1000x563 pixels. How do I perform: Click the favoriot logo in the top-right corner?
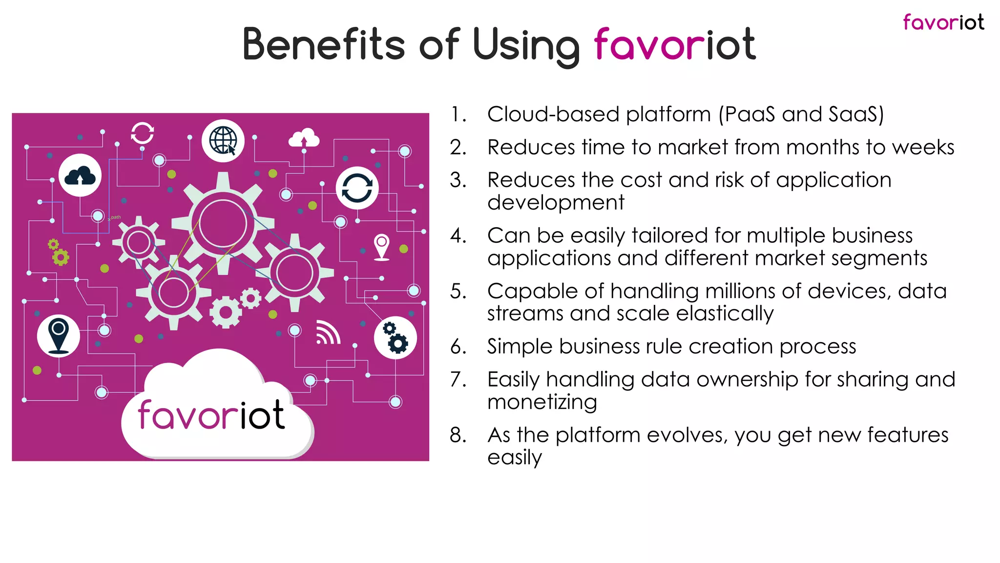tap(943, 22)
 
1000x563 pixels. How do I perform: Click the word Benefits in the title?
tap(323, 44)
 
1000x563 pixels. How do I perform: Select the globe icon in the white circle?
tap(223, 140)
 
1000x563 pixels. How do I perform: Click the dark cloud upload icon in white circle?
tap(80, 175)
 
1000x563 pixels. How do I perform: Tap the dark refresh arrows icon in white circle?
tap(357, 188)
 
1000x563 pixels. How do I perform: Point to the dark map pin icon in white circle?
tap(59, 336)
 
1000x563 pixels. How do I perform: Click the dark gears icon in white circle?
tap(395, 338)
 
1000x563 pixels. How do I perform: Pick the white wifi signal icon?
tap(328, 333)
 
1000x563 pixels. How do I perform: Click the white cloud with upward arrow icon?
tap(304, 139)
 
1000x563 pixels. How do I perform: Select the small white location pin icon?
tap(382, 247)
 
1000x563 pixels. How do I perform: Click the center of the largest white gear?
tap(223, 224)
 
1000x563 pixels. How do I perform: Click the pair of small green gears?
tap(59, 252)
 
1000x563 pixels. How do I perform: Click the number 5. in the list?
tap(458, 291)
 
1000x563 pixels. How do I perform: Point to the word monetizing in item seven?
tap(542, 402)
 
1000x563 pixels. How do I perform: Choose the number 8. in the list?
tap(458, 435)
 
